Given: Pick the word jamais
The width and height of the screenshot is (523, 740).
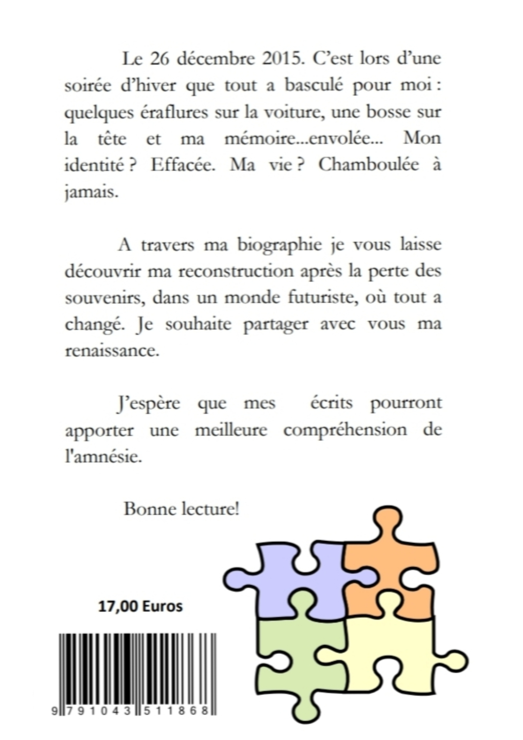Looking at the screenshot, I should (92, 193).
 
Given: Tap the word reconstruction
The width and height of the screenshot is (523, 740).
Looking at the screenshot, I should (236, 272).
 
